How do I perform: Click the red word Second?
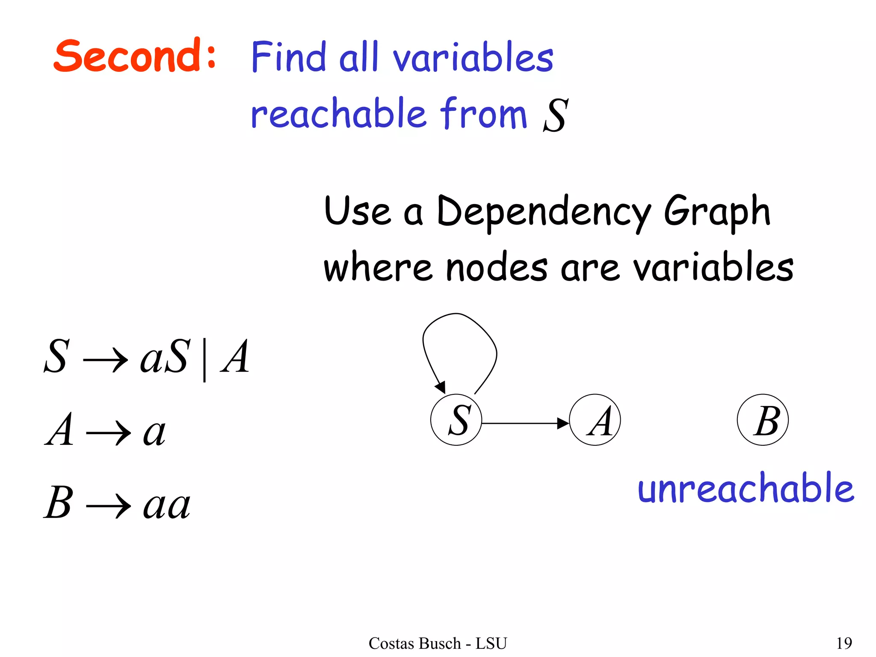(128, 56)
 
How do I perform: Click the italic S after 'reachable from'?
(556, 115)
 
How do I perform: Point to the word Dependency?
(543, 212)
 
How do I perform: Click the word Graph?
(717, 212)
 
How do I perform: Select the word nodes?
(496, 268)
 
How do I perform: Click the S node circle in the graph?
(456, 420)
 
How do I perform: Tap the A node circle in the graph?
(595, 420)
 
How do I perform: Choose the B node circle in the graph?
(763, 420)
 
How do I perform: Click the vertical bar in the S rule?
(204, 359)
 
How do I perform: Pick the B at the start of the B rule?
(58, 503)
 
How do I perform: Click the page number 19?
(844, 643)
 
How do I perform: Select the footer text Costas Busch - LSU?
(438, 643)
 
